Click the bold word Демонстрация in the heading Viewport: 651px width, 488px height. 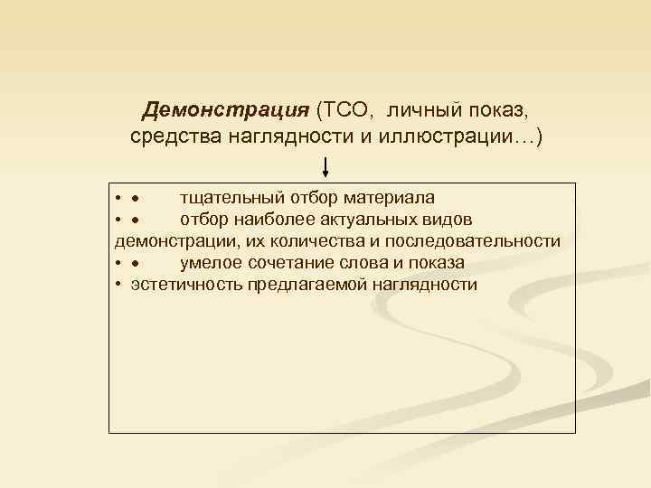226,111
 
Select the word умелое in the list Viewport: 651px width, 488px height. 209,263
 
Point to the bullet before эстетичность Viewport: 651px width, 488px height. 119,285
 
